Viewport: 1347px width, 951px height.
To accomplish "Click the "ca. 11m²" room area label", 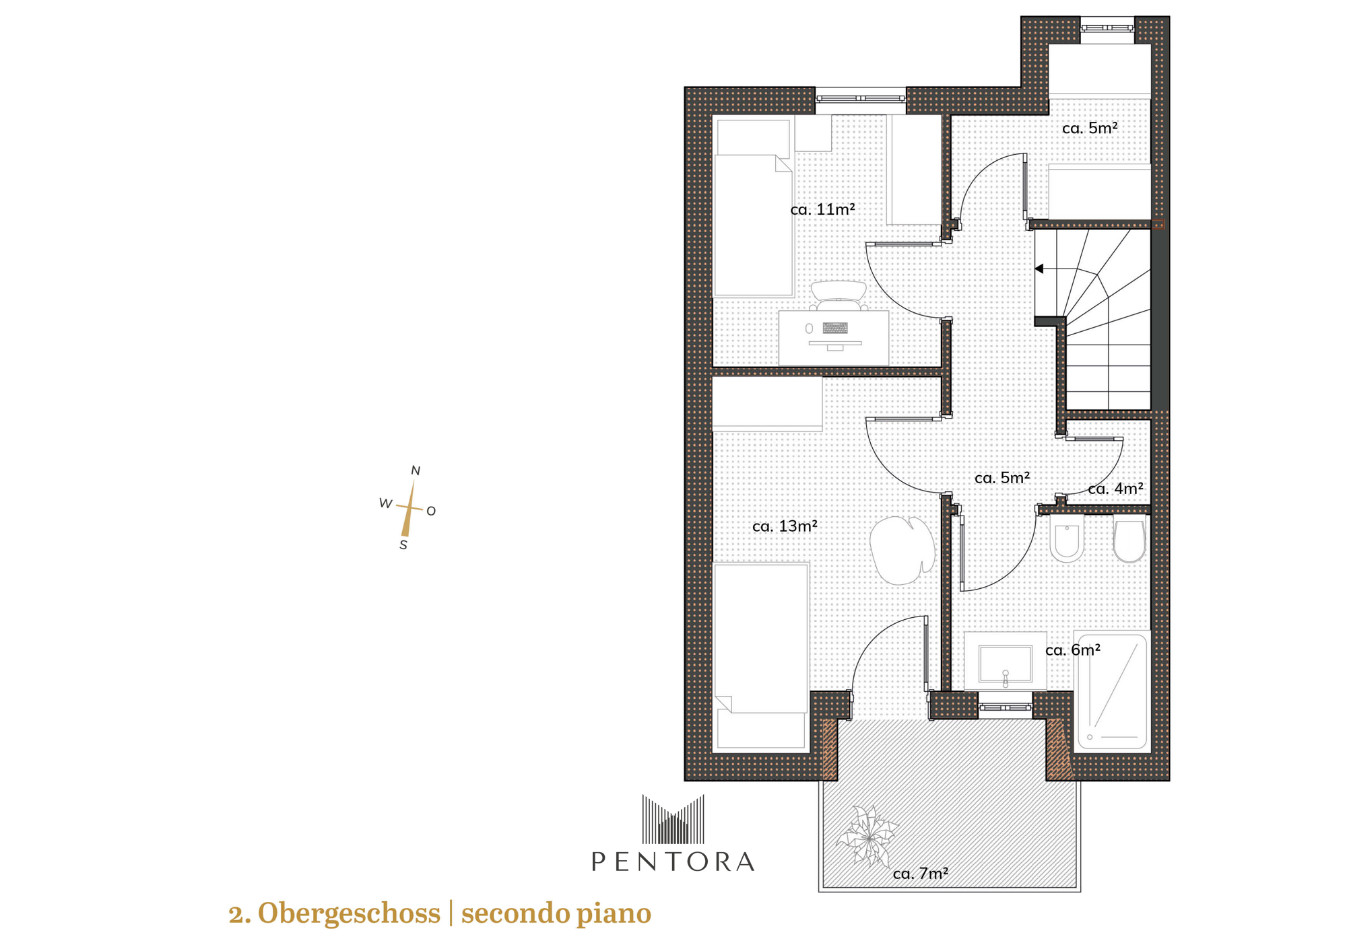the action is (822, 209).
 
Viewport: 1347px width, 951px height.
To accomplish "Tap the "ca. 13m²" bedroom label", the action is (785, 526).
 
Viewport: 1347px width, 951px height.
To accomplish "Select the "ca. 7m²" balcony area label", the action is (921, 874).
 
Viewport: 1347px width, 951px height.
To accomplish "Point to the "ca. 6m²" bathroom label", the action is (1073, 650).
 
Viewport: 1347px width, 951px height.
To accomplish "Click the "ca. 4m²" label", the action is (1115, 489).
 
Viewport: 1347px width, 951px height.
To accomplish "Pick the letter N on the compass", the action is (416, 470).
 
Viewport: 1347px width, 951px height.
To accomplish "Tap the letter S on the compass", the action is (403, 545).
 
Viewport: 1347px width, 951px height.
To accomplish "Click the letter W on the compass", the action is (385, 503).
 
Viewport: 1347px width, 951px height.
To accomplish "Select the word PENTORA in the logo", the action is (673, 861).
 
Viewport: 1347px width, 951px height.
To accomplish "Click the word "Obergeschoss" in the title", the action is (349, 913).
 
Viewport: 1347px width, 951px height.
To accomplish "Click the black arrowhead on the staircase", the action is (1039, 269).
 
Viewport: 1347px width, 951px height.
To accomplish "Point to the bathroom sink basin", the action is (1005, 665).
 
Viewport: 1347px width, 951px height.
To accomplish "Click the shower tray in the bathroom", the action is (1113, 691).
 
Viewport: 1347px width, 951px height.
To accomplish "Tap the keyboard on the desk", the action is (835, 328).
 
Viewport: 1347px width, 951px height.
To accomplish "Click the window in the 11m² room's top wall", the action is (861, 98).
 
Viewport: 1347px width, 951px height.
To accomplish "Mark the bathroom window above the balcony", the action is (1005, 707).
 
